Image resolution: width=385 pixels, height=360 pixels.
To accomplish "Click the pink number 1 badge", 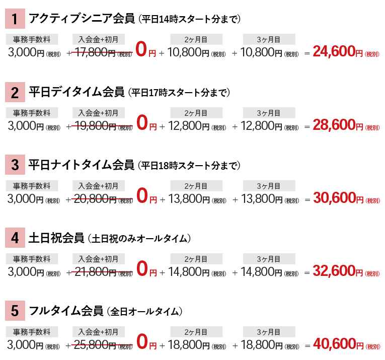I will click(15, 19).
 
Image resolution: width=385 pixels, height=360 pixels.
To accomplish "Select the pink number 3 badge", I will click(15, 165).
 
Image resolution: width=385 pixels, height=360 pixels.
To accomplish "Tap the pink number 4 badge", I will click(15, 238).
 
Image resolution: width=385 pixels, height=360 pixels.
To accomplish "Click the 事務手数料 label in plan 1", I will click(32, 40).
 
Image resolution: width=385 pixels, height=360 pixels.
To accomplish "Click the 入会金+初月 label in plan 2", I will click(99, 113).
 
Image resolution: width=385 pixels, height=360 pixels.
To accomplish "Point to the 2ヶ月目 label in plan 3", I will click(196, 186).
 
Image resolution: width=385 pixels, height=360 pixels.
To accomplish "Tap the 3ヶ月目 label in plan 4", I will click(269, 259).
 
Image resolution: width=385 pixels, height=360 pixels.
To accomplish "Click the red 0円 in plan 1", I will click(146, 50).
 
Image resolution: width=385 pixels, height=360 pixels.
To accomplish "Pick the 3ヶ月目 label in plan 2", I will click(269, 113).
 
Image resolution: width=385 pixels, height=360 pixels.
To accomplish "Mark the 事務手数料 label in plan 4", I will click(32, 259).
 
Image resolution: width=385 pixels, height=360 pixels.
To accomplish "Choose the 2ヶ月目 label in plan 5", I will click(196, 332).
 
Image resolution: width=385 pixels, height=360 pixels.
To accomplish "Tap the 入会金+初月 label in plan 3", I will click(99, 186).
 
